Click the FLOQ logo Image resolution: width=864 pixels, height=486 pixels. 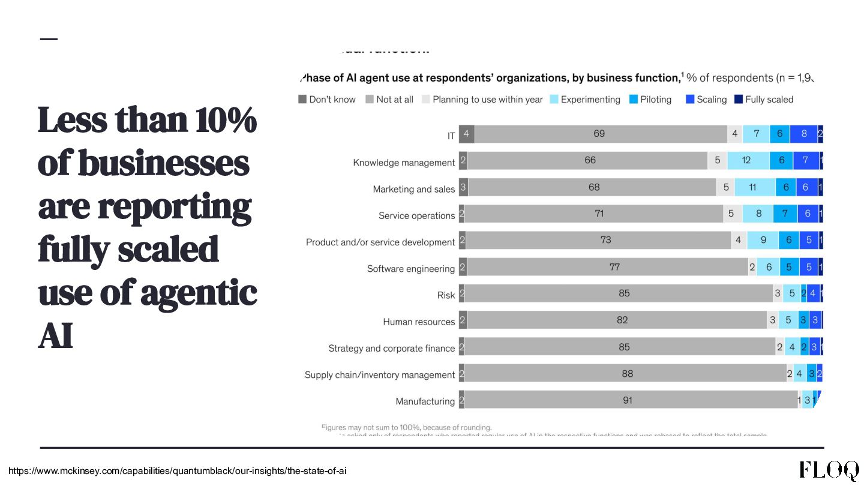[829, 470]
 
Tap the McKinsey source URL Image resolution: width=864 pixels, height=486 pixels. [178, 471]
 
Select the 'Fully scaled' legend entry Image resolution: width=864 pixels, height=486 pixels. [764, 100]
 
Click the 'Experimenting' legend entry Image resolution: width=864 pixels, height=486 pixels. [585, 100]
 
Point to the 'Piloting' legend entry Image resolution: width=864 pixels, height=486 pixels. [650, 100]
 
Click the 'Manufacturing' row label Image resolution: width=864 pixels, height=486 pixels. [425, 401]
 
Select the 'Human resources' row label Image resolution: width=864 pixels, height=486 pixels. [419, 322]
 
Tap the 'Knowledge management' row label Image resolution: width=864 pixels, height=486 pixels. [404, 163]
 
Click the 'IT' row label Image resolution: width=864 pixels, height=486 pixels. [451, 136]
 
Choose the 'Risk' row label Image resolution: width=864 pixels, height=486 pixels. [446, 295]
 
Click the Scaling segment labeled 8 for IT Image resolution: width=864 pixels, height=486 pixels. [803, 134]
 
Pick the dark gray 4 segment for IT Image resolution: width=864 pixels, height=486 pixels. [467, 134]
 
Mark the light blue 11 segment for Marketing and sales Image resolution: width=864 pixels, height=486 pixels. [754, 187]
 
